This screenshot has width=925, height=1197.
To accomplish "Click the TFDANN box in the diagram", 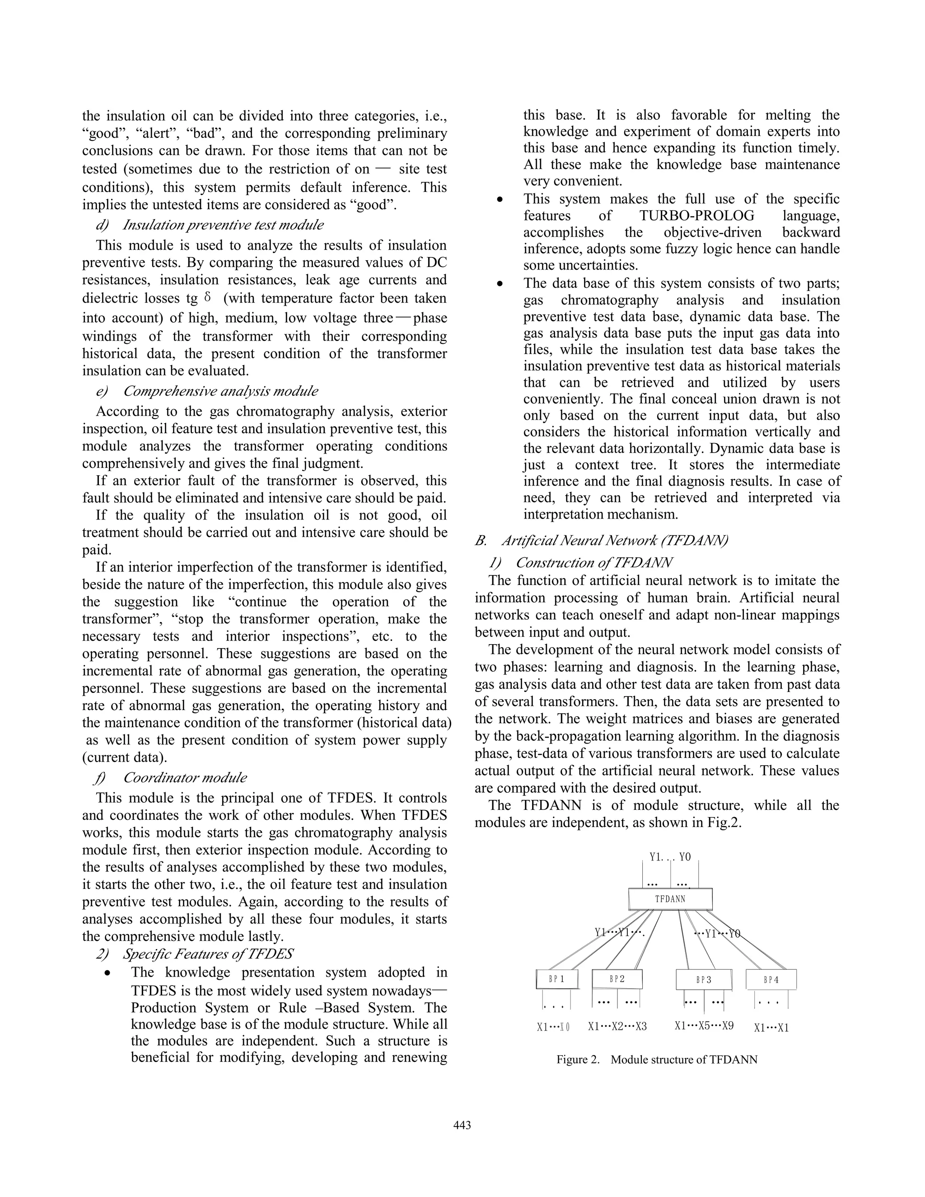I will click(670, 899).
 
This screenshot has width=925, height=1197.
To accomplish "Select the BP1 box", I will click(557, 979).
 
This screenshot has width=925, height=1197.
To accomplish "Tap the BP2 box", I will click(617, 978).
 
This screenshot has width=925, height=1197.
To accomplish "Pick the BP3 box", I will click(704, 979).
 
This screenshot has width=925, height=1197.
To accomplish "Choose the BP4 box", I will click(771, 979).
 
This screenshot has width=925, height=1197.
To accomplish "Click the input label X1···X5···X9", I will click(704, 1025).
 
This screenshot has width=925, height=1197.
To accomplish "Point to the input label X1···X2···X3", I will click(617, 1026).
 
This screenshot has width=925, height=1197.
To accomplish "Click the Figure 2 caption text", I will click(656, 1059).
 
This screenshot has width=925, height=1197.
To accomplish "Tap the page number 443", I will click(462, 1125).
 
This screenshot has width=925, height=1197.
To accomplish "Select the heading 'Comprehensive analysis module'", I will click(220, 391).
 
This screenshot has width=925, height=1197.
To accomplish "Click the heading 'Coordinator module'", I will click(185, 778).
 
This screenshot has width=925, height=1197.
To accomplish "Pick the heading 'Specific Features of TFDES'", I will click(207, 954).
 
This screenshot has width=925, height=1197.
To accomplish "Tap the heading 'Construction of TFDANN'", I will click(594, 563).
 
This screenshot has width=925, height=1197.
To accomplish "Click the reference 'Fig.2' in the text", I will click(724, 823).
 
